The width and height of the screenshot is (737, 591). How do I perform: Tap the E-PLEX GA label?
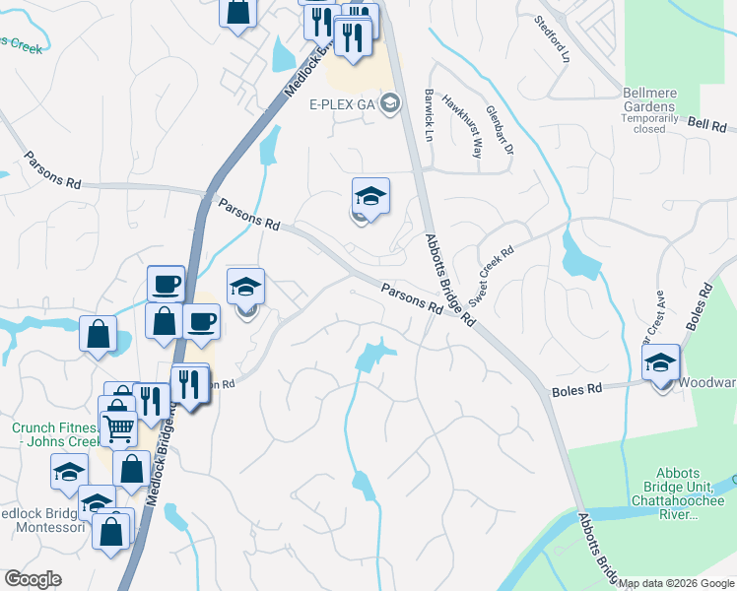click(x=343, y=103)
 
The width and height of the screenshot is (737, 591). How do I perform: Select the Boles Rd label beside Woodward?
click(x=576, y=390)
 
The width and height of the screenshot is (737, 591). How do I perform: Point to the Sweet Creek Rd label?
click(x=492, y=275)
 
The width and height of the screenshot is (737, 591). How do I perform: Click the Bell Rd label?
click(x=705, y=126)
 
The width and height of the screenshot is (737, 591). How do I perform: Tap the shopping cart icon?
click(x=118, y=427)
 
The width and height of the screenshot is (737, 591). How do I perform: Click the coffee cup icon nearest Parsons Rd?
click(x=166, y=284)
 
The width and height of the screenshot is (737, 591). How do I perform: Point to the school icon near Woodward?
click(x=660, y=362)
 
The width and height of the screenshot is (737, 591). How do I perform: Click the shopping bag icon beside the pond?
click(x=100, y=333)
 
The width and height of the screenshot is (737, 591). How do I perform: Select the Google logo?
click(x=33, y=578)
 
